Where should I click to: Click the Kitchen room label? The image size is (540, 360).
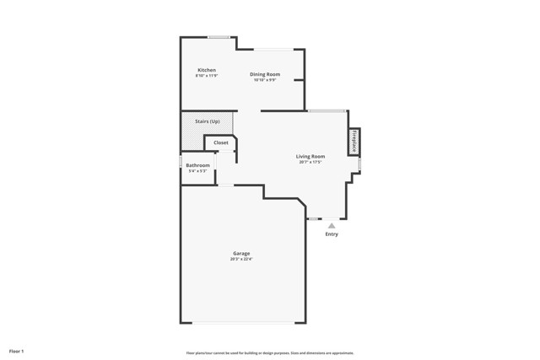(207, 70)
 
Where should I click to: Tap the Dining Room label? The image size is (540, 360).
(264, 74)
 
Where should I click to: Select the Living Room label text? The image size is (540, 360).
(310, 156)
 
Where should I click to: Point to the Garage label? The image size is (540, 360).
(241, 253)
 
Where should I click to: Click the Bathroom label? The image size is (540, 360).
(197, 165)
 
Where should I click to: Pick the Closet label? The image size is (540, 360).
(220, 142)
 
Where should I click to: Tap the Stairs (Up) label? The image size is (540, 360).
(208, 121)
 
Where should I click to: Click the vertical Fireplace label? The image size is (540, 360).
(354, 141)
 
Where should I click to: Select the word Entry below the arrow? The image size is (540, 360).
(332, 234)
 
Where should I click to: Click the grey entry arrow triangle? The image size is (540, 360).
(332, 225)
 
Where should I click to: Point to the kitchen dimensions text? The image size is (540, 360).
(207, 76)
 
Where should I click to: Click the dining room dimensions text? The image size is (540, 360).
(264, 80)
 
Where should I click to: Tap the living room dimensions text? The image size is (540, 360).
(310, 162)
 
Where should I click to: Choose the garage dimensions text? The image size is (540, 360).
(241, 259)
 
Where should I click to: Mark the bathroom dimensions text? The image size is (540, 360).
(197, 171)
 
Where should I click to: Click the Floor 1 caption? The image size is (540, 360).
(17, 350)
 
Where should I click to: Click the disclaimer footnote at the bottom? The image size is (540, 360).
(270, 353)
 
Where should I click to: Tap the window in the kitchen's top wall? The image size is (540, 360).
(220, 36)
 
